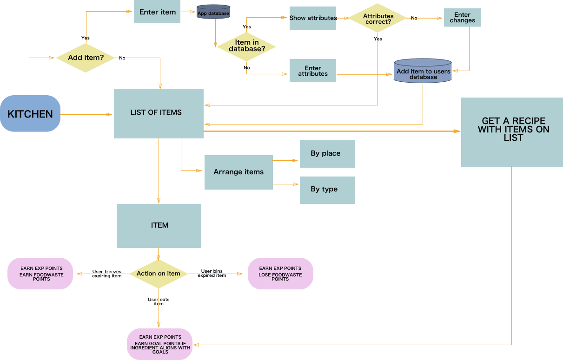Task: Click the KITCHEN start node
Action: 30,114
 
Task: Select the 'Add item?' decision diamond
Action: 86,58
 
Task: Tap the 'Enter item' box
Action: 158,12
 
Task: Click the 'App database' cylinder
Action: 213,12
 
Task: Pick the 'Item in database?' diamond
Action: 246,46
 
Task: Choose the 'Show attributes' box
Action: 313,18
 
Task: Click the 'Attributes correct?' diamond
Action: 378,19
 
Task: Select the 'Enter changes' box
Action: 462,18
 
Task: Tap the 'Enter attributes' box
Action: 313,71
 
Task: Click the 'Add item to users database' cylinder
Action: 423,72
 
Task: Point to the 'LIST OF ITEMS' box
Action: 159,113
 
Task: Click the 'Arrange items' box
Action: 238,172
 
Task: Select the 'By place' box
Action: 327,154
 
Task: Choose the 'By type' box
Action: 327,190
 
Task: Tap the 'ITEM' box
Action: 159,226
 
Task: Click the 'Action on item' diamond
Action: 159,274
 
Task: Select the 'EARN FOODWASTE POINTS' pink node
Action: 40,274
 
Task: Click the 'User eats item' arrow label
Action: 159,301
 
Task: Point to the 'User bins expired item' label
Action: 212,273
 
